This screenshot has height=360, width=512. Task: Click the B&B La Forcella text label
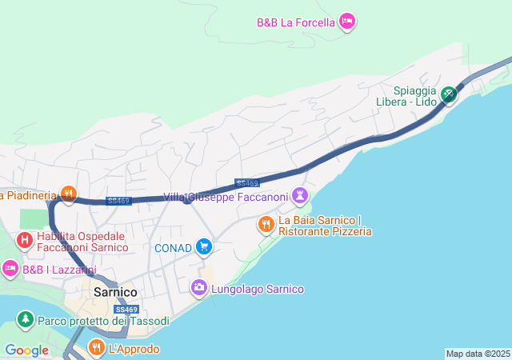point(295,22)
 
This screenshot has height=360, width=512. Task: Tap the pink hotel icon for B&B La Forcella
point(346,21)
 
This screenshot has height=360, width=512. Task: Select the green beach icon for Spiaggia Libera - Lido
point(449,94)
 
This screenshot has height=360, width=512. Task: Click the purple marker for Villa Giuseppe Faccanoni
point(300,194)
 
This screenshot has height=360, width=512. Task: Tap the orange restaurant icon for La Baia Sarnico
point(266,225)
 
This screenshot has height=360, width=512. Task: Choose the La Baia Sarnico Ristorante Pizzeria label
point(325,226)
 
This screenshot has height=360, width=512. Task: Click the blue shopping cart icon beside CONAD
point(204,247)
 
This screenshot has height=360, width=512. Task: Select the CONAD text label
point(173,248)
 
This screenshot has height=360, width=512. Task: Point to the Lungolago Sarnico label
point(258,289)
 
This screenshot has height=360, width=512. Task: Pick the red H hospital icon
point(25,239)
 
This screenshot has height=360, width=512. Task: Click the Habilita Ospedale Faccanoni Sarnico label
point(82,242)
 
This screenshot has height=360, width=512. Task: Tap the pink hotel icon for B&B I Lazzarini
point(10,268)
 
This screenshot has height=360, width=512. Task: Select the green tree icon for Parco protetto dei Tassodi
point(25,321)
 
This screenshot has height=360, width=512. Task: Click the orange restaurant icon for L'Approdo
point(96,347)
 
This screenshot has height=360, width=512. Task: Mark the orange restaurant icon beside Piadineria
point(69,193)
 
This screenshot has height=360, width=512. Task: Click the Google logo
point(26,350)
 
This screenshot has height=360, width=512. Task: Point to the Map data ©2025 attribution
point(478,354)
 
